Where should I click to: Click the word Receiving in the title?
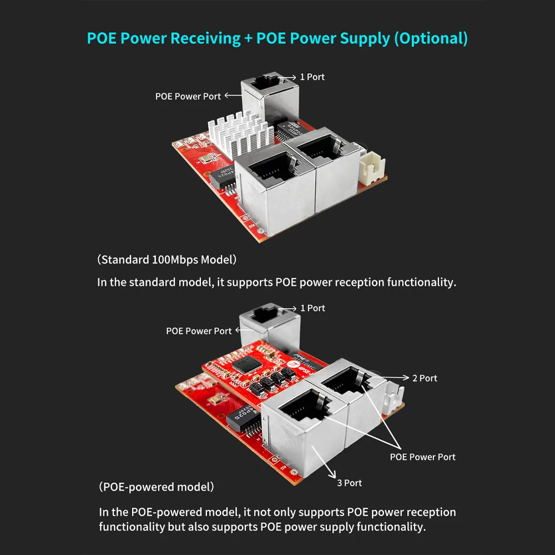point(206,39)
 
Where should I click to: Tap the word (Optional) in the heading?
point(431,39)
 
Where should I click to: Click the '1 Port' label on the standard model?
point(312,77)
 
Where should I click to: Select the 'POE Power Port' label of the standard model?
point(188,96)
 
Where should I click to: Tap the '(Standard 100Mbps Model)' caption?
point(167,260)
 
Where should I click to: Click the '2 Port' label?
point(425,379)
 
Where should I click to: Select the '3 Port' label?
point(349,483)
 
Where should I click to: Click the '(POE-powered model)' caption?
point(157,487)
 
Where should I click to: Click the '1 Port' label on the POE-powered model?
point(312,308)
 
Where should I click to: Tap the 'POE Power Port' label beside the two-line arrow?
point(422,457)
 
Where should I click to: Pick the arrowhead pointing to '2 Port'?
point(406,377)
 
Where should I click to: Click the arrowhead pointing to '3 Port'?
point(332,474)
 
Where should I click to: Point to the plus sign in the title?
point(249,39)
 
